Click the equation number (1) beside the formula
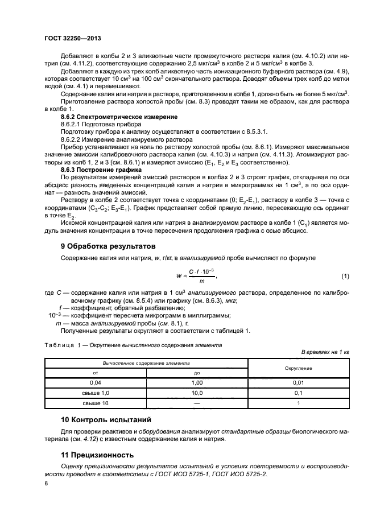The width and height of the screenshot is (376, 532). pyautogui.click(x=345, y=277)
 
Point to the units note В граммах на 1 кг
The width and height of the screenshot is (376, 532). pyautogui.click(x=325, y=352)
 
